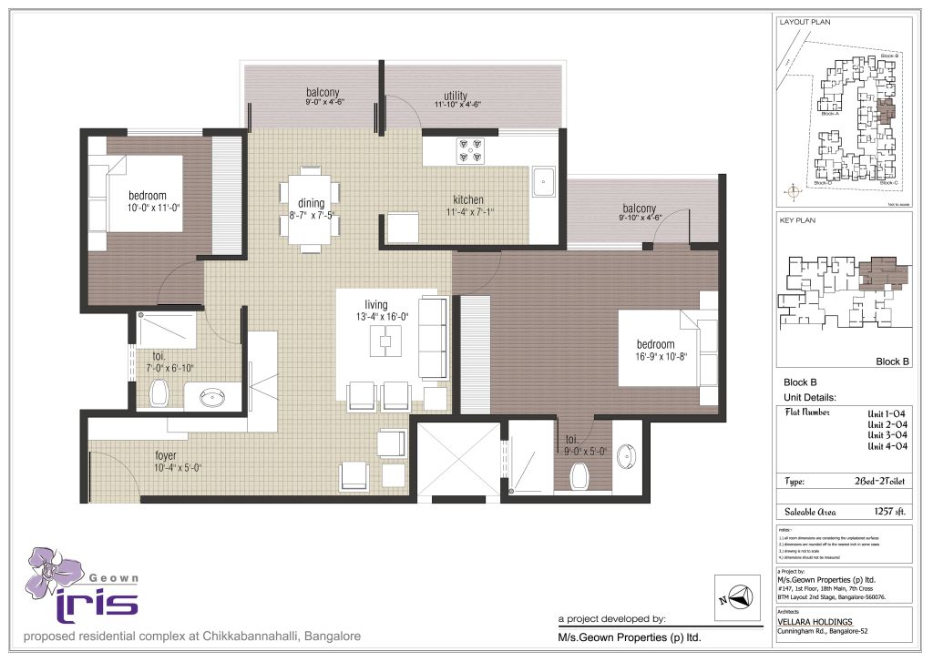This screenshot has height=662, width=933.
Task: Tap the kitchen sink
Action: pyautogui.click(x=544, y=180)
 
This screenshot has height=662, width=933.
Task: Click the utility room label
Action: pyautogui.click(x=456, y=96)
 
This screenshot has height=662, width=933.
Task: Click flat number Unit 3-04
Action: pyautogui.click(x=886, y=435)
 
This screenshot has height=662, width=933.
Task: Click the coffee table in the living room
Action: pyautogui.click(x=385, y=341)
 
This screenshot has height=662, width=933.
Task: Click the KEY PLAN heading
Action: pyautogui.click(x=797, y=220)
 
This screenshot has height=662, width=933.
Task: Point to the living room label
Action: pyautogui.click(x=375, y=304)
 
